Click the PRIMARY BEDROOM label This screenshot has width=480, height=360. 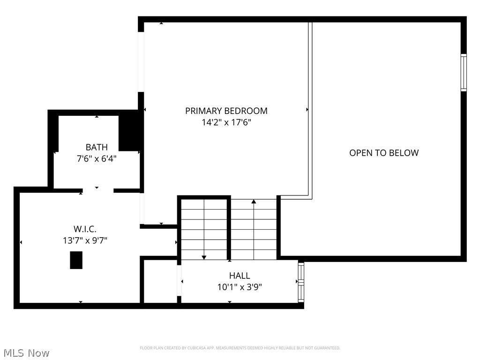coord(226,111)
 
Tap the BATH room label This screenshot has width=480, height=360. coord(97,147)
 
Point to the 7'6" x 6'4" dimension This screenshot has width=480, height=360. coord(97,159)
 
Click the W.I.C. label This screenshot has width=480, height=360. coord(85,229)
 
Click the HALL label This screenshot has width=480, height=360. coord(240,276)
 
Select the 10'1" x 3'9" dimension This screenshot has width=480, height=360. coord(240,287)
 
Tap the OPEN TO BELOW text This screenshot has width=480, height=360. coord(384,153)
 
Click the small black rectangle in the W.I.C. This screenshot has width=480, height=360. coord(76,260)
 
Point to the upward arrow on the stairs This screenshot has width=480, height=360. coord(254,202)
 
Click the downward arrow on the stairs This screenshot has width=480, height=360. coord(204,257)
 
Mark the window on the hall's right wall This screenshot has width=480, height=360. coord(301,282)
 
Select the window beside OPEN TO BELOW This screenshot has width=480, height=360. coord(464,72)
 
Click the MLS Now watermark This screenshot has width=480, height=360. coord(26,352)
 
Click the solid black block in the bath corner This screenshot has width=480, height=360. coord(130,131)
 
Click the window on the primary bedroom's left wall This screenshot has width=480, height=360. coord(141,62)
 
